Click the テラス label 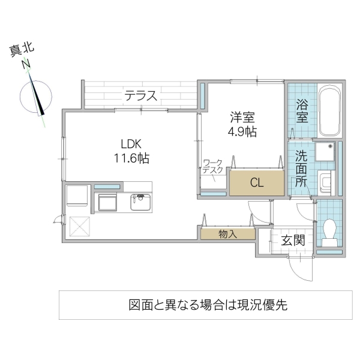141,95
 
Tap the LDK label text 131,144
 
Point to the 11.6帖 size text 132,158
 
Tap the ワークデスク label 213,166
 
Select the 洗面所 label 301,169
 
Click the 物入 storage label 228,234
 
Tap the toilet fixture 329,230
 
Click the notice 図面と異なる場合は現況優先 208,305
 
